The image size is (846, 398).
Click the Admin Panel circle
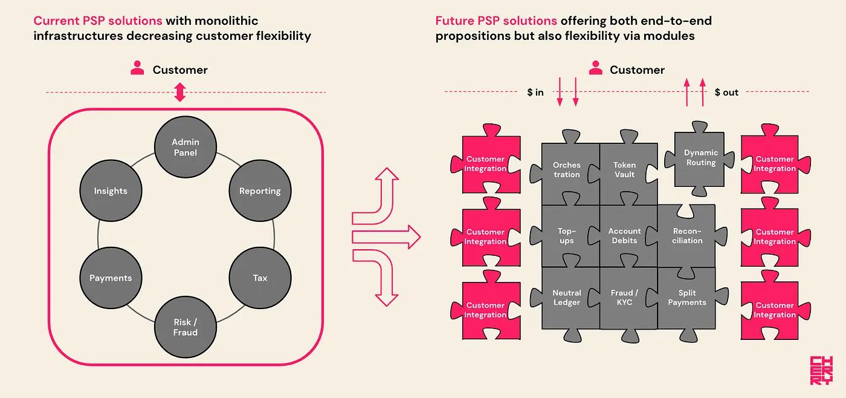[185, 147]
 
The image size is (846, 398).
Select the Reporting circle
[260, 191]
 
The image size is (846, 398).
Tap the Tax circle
[260, 278]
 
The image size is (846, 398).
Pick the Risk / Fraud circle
[185, 327]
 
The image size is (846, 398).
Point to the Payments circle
[111, 278]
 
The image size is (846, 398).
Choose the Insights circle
[111, 191]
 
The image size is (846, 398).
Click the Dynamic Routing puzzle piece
[701, 158]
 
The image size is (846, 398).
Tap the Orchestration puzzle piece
[567, 170]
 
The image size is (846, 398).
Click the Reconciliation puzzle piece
[687, 236]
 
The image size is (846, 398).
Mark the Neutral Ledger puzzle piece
[567, 298]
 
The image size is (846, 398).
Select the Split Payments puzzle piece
[687, 298]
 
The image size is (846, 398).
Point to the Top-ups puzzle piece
[567, 236]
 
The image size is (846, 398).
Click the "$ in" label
[535, 93]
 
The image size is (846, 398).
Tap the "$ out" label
[726, 93]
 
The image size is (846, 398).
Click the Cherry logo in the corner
[821, 371]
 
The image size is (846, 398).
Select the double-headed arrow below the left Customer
[179, 93]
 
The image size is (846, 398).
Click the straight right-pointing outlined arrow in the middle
[386, 237]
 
